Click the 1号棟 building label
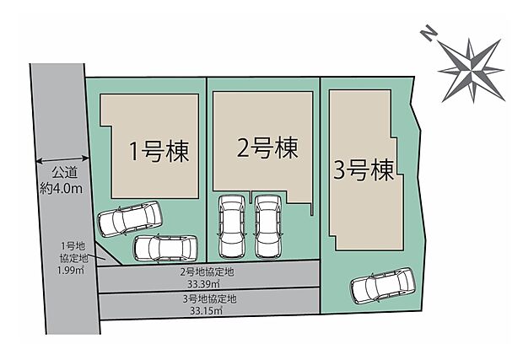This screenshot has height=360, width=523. (158, 153)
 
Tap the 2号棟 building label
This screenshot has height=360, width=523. (266, 149)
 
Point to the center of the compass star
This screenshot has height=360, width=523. (469, 65)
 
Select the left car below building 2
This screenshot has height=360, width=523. (231, 225)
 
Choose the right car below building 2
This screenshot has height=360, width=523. (267, 225)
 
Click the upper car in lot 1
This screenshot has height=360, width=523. (129, 220)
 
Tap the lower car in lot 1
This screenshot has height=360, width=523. (164, 247)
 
